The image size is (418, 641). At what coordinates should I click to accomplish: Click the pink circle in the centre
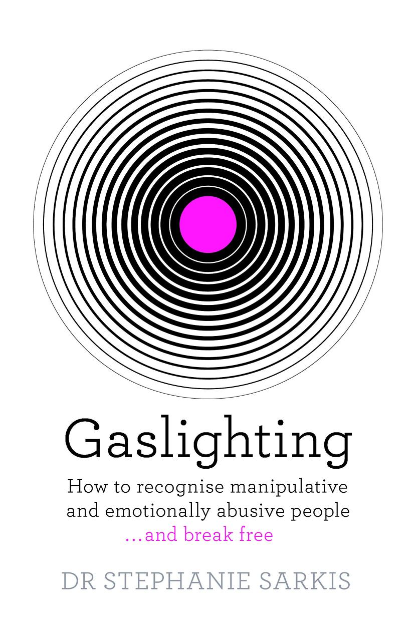[x=208, y=224]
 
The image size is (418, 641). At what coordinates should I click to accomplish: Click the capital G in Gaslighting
[x=83, y=439]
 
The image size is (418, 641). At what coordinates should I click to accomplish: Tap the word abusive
[x=251, y=511]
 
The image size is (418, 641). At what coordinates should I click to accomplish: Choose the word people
[x=320, y=512]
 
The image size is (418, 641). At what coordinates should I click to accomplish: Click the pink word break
[x=208, y=534]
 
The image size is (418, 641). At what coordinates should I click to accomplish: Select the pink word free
[x=256, y=534]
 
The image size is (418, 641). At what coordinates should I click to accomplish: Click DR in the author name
[x=79, y=580]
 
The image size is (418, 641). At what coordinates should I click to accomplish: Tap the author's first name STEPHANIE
[x=176, y=580]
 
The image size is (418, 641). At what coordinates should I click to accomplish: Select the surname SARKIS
[x=305, y=580]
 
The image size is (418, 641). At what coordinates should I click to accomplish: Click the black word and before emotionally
[x=83, y=511]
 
